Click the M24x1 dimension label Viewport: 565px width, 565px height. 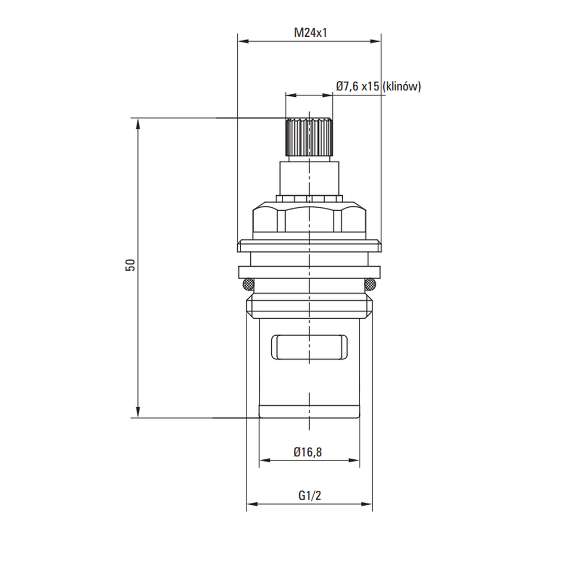tap(310, 33)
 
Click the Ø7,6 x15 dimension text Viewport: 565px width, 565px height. tap(358, 86)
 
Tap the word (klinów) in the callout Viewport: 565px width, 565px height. tap(401, 86)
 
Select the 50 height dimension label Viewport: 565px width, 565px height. tap(131, 265)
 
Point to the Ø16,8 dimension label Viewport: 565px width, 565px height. tap(308, 452)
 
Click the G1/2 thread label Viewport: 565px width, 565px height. tap(310, 496)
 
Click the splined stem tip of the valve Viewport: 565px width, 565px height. tap(309, 137)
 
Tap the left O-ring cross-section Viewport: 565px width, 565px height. tap(248, 285)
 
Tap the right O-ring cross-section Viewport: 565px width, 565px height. tap(370, 285)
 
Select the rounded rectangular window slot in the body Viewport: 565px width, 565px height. tap(310, 347)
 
